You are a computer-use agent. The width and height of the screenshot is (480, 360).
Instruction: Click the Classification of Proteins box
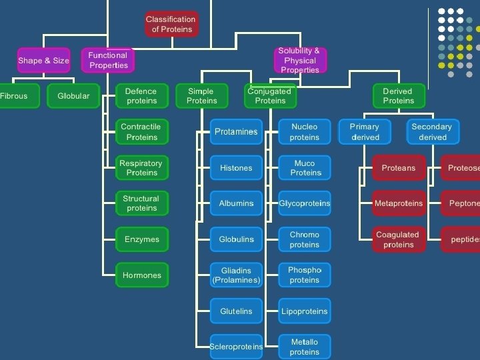(171, 25)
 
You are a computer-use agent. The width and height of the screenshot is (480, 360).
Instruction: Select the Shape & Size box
(43, 61)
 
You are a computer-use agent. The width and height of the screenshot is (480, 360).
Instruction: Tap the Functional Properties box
(108, 61)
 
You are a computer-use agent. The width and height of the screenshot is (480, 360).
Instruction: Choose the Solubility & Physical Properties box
(299, 61)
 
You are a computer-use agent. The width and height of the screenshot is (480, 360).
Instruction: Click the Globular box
(73, 96)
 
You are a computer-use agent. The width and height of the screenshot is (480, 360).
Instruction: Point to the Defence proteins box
(141, 96)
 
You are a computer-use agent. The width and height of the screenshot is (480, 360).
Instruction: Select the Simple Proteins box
(202, 96)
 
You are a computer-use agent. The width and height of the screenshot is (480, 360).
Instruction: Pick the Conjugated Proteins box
(270, 96)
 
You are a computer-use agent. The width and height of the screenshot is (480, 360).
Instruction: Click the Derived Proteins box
(398, 96)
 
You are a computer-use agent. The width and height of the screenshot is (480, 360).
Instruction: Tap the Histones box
(236, 168)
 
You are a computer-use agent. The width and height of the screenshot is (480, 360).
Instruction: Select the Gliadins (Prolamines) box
(236, 275)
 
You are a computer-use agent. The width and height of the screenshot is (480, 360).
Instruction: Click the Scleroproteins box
(236, 347)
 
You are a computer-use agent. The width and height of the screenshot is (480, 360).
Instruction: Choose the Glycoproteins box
(305, 203)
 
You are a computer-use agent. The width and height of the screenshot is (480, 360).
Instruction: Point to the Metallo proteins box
(305, 347)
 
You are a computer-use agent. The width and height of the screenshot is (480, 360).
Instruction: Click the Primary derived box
(365, 132)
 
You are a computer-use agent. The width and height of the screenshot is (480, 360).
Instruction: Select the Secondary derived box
(433, 132)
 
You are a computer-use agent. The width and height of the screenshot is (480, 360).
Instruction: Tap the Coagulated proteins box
(398, 239)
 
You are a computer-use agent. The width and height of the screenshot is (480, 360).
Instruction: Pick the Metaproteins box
(398, 203)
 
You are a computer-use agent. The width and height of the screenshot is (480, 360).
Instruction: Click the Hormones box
(141, 275)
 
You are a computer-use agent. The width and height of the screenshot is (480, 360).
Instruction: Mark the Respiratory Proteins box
(141, 168)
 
